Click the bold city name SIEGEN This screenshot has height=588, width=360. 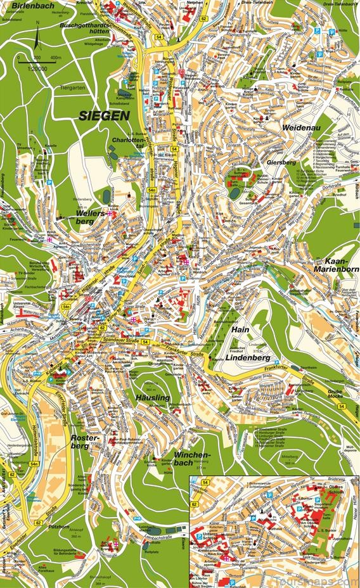pos(104,115)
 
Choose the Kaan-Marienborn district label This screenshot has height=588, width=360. pos(332,265)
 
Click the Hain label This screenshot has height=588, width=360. pos(240,330)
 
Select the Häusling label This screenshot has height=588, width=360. pos(153,397)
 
